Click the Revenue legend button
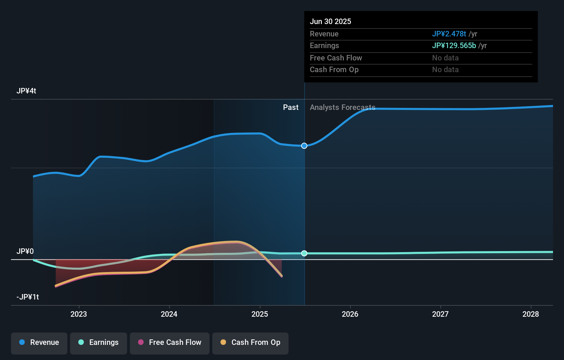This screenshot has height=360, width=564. pos(39,343)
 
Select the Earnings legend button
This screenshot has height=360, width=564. pos(99,343)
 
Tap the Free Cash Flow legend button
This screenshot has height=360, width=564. pos(170,343)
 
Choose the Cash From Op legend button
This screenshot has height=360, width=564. pos(250,343)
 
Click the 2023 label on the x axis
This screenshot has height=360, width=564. pos(79,314)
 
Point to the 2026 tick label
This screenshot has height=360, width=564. pos(350,314)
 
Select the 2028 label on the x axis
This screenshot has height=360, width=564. pos(531,314)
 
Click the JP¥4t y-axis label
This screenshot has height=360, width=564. pos(26,91)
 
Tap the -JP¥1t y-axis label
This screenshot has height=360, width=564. pos(28,297)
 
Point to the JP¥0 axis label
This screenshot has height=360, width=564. pos(25,251)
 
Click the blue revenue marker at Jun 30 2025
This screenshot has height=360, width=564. pos(304,146)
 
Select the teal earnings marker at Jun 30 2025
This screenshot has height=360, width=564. pos(304,254)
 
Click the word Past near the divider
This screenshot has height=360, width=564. pos(291,108)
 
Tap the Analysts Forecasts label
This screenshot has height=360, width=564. pos(342,108)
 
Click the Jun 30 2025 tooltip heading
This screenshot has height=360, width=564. pos(330,22)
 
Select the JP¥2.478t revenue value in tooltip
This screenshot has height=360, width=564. pos(449,34)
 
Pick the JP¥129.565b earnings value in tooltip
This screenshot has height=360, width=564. pos(454,46)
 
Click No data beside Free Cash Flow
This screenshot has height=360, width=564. pos(445,58)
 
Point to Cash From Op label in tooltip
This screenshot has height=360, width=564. pos(334,70)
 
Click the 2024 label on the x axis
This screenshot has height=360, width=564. pos(169,314)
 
